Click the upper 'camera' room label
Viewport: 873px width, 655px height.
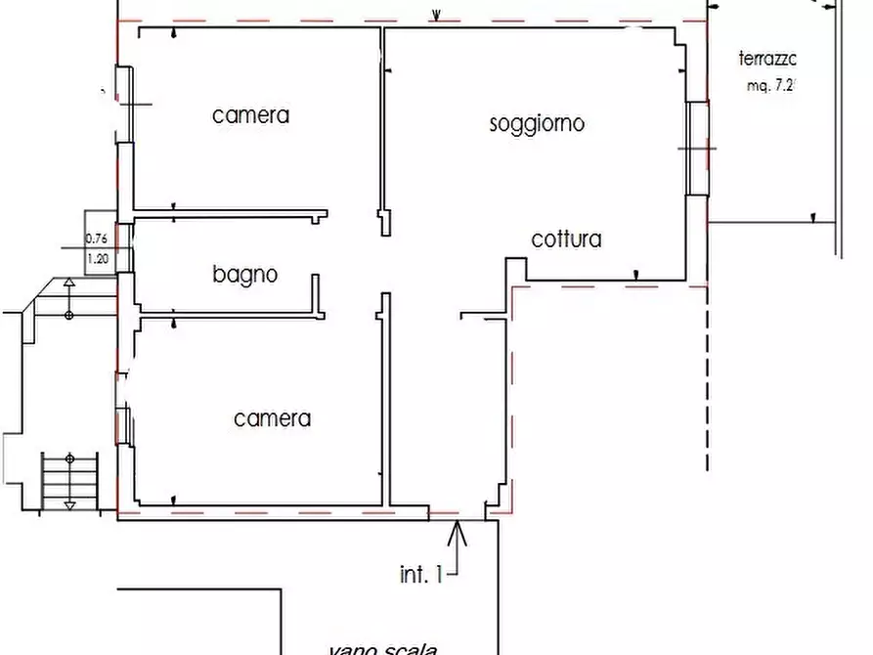click(x=251, y=115)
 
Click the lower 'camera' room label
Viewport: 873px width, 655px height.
click(x=272, y=419)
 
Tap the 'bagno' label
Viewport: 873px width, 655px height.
click(x=245, y=275)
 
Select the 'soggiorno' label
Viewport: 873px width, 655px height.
click(x=537, y=124)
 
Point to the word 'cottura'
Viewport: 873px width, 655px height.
click(x=566, y=240)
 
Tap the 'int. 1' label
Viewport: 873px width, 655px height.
click(x=420, y=575)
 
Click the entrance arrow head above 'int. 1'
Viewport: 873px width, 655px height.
click(x=458, y=531)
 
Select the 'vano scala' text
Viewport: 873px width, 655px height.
click(x=382, y=647)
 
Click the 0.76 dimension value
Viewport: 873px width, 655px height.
click(x=97, y=238)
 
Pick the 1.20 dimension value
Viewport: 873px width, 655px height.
click(x=97, y=259)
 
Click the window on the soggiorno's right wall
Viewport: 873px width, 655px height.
click(x=696, y=148)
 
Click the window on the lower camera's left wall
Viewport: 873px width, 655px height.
click(x=124, y=425)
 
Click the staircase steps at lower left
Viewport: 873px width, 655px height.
click(x=70, y=478)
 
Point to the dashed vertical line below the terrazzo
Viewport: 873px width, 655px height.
click(x=706, y=381)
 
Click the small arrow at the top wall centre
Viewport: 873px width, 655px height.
click(x=437, y=15)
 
